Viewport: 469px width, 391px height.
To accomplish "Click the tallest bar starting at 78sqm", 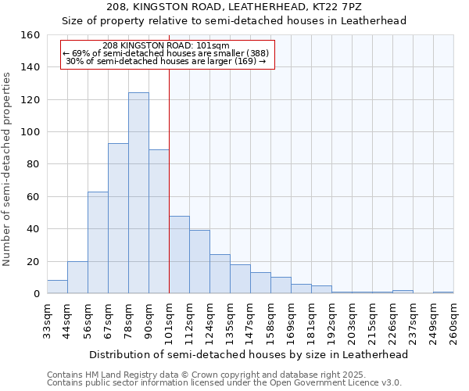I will pos(138,193).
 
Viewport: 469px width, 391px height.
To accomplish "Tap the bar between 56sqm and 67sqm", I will pos(98,242).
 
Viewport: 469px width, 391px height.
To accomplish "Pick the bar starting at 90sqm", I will pos(159,221).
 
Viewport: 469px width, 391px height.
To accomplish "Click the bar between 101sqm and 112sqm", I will pos(179,254).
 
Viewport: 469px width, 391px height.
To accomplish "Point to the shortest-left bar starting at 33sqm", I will pos(57,287).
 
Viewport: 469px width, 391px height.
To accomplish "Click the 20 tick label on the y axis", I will pos(33,261).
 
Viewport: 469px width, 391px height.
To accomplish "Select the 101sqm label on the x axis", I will pos(170,321).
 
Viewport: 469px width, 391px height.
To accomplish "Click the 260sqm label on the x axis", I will pos(454,321).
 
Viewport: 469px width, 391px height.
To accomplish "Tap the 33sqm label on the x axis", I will pos(48,321).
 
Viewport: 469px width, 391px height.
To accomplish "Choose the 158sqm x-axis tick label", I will pos(271,321).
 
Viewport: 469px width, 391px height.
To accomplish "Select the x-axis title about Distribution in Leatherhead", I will pos(249,354).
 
